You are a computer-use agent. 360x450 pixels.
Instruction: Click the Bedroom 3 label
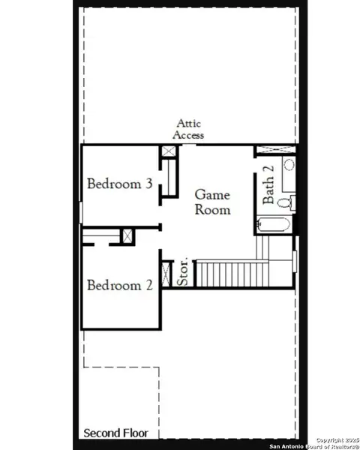coord(120,184)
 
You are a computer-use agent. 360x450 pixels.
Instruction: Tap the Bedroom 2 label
coord(120,286)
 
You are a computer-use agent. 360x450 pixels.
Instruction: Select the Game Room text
coord(212,202)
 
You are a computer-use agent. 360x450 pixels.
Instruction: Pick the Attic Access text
coord(189,129)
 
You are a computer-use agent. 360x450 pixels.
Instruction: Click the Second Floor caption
coord(115,433)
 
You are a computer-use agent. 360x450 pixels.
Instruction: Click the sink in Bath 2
coord(289,166)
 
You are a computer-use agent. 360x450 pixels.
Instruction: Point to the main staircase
coord(232,274)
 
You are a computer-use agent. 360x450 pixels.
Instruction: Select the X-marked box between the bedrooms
coord(127,235)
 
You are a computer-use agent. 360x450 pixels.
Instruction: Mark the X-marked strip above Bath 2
coord(275,151)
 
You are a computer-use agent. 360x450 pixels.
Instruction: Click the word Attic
coord(189,124)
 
